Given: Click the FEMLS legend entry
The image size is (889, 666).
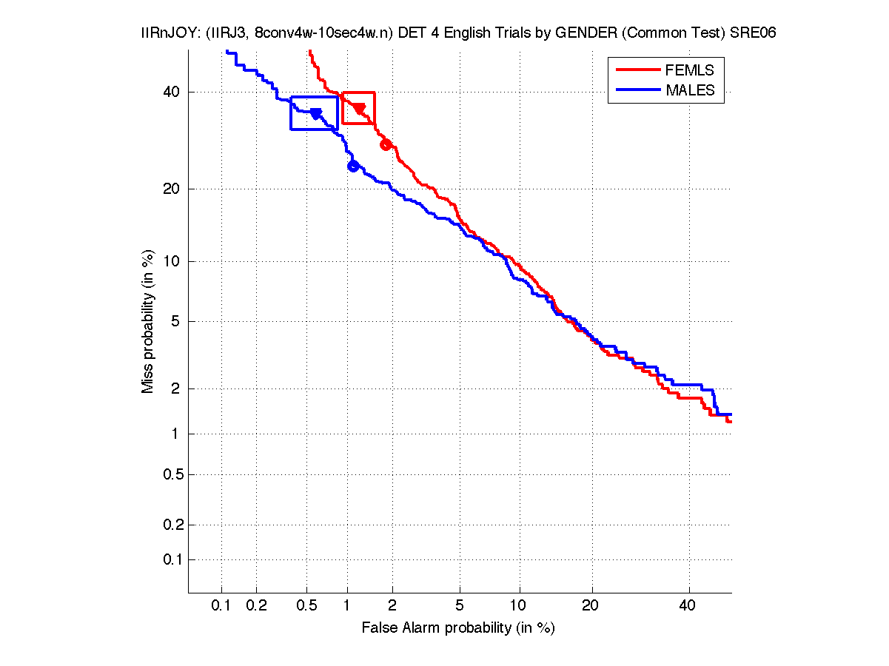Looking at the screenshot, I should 689,70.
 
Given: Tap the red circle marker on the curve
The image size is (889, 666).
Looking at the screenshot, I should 386,144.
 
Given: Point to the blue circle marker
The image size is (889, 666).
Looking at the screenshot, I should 353,166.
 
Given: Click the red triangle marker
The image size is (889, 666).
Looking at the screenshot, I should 360,109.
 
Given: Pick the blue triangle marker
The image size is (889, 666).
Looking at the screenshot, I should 315,114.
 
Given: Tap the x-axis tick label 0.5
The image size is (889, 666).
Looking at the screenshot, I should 306,606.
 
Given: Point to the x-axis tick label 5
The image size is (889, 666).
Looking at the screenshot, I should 460,606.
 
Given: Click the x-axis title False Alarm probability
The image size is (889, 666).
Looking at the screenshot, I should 458,628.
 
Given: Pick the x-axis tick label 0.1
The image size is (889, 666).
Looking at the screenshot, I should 221,606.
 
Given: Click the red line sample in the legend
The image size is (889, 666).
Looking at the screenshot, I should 637,70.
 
